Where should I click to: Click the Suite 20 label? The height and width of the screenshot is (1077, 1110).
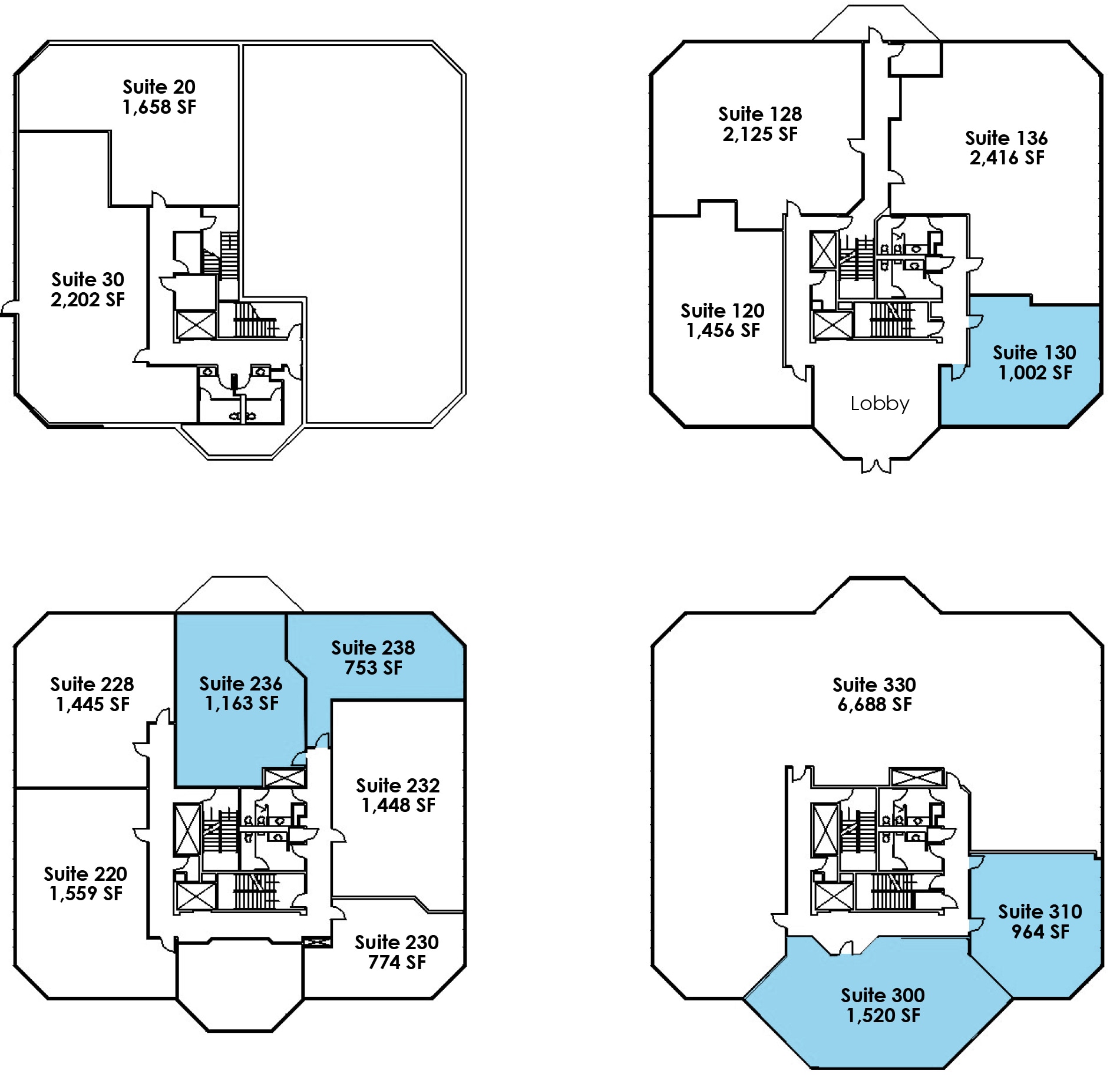pos(158,87)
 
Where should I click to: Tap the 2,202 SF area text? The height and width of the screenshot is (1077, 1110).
pos(88,300)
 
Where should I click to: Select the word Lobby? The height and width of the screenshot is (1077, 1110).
pos(880,404)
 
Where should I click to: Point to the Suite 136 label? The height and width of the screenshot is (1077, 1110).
pos(1006,138)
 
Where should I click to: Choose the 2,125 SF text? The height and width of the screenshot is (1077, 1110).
pos(760,134)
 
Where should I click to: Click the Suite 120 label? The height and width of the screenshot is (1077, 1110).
pos(722,310)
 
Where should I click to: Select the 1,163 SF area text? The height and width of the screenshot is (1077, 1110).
pos(242,703)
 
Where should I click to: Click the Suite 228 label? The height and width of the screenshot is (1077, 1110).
pos(92,684)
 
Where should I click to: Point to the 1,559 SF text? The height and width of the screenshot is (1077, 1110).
pos(86,894)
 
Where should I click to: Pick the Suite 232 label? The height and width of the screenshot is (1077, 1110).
pos(398,785)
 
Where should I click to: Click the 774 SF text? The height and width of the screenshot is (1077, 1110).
pos(397,962)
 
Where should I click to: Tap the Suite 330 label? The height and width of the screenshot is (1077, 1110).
pos(874,685)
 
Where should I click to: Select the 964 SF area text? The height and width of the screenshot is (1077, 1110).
pos(1040,931)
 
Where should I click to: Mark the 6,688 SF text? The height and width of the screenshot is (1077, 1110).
pos(874,705)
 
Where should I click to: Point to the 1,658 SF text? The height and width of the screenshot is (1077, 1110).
pos(159,107)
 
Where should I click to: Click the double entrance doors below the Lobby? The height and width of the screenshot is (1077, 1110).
pos(876,465)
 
